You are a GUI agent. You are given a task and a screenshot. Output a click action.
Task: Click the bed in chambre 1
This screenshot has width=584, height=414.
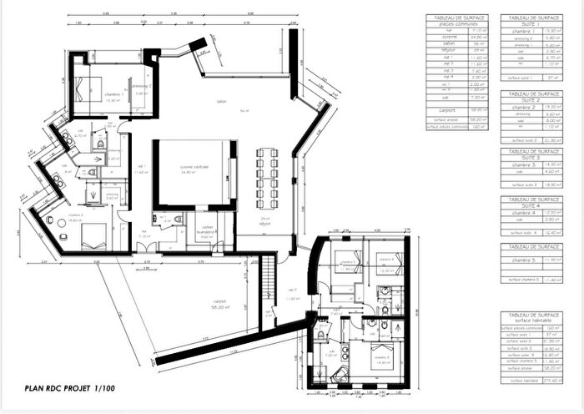[x=86, y=87]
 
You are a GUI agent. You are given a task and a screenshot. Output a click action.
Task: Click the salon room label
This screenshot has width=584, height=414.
[x=221, y=103]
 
